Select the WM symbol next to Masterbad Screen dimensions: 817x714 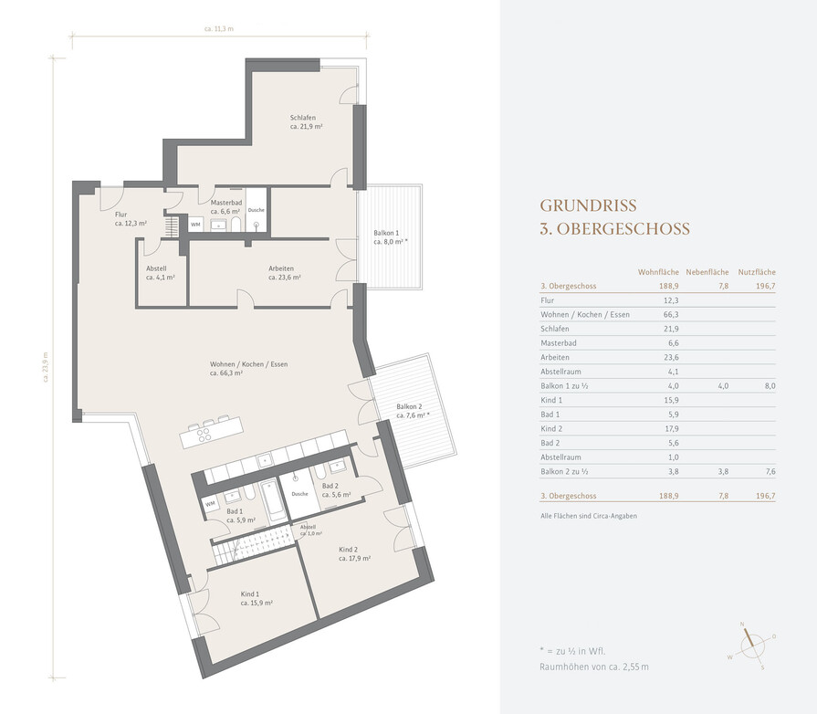click(x=195, y=225)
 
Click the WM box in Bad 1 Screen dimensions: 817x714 click(x=210, y=505)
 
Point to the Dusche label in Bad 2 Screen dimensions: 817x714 click(x=299, y=494)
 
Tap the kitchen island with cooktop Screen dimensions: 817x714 click(x=212, y=432)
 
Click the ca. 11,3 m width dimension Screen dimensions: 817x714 click(x=219, y=29)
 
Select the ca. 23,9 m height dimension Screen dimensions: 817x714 click(x=46, y=367)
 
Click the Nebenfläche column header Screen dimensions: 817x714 click(x=707, y=272)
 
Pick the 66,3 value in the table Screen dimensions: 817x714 click(x=671, y=315)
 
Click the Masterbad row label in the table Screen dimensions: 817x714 click(x=559, y=343)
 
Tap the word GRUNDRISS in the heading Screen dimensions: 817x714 click(x=588, y=205)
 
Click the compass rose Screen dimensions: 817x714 click(x=752, y=646)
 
